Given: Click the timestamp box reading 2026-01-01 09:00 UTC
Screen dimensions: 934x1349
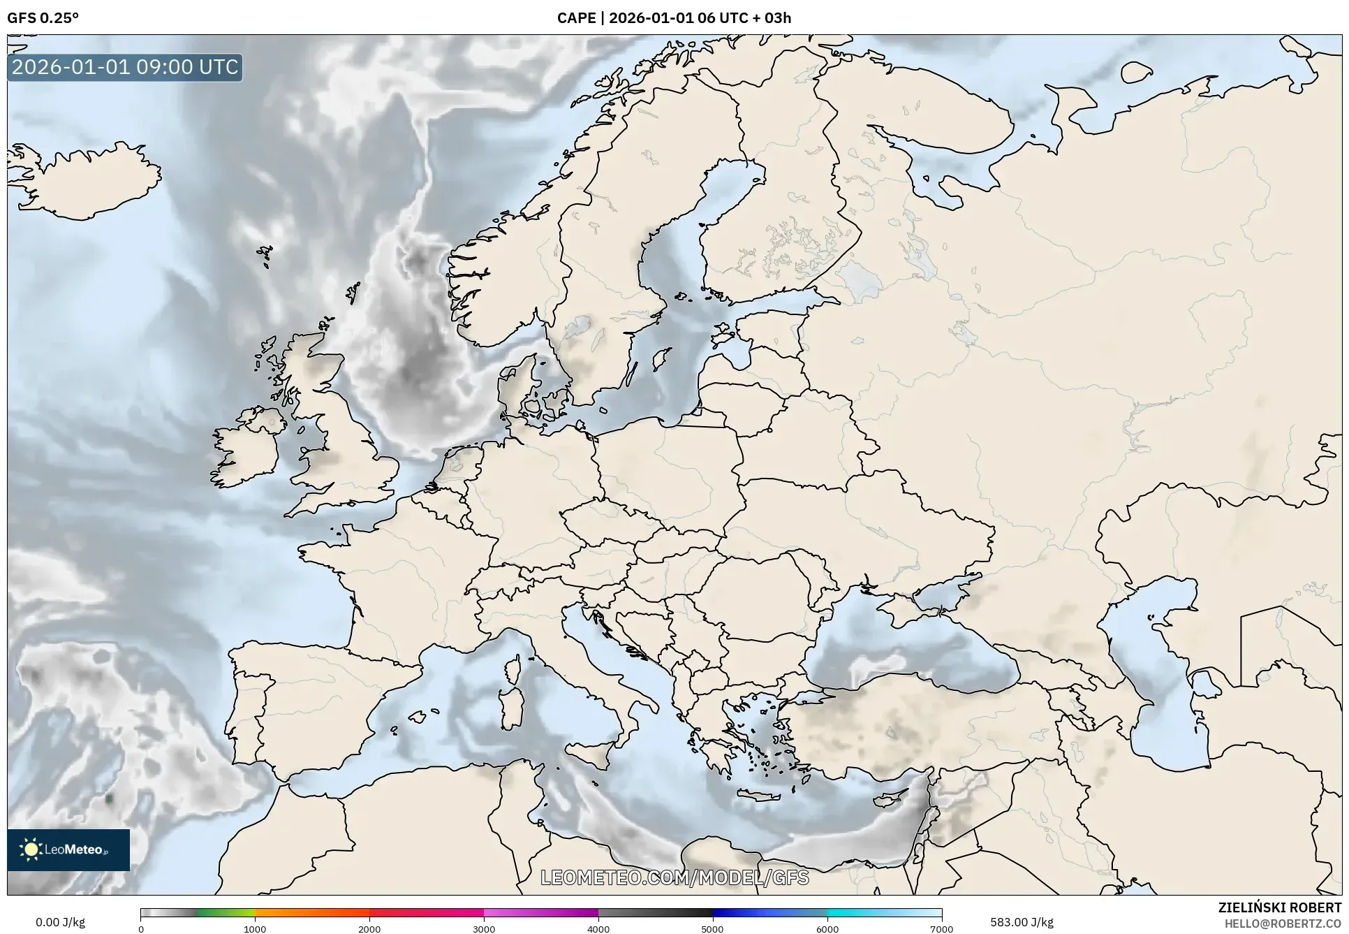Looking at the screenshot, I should pyautogui.click(x=125, y=67).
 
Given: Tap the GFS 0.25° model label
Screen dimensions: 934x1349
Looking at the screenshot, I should pyautogui.click(x=43, y=18).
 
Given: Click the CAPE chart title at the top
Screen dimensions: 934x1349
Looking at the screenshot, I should pyautogui.click(x=674, y=18).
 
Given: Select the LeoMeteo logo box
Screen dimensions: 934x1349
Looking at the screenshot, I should pyautogui.click(x=68, y=849).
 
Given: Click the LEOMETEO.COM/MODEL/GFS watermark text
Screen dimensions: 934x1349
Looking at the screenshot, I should pyautogui.click(x=674, y=877).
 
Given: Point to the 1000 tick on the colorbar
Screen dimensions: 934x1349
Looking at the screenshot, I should pyautogui.click(x=255, y=928).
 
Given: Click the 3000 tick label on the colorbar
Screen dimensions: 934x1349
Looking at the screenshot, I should pyautogui.click(x=484, y=928).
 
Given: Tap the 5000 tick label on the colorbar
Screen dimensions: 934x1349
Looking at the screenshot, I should pyautogui.click(x=712, y=928).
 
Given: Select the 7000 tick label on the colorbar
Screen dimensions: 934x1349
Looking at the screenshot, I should pyautogui.click(x=941, y=928).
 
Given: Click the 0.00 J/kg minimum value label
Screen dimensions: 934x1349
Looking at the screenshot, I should pyautogui.click(x=60, y=922).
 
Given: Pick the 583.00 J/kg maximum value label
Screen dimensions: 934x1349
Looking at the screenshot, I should pyautogui.click(x=1022, y=922).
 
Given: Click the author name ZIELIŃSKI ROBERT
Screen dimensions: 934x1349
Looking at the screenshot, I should pyautogui.click(x=1279, y=907).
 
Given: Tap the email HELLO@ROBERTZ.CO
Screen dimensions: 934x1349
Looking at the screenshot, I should pyautogui.click(x=1283, y=923).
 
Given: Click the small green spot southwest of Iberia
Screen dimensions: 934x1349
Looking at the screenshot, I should pyautogui.click(x=109, y=798).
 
